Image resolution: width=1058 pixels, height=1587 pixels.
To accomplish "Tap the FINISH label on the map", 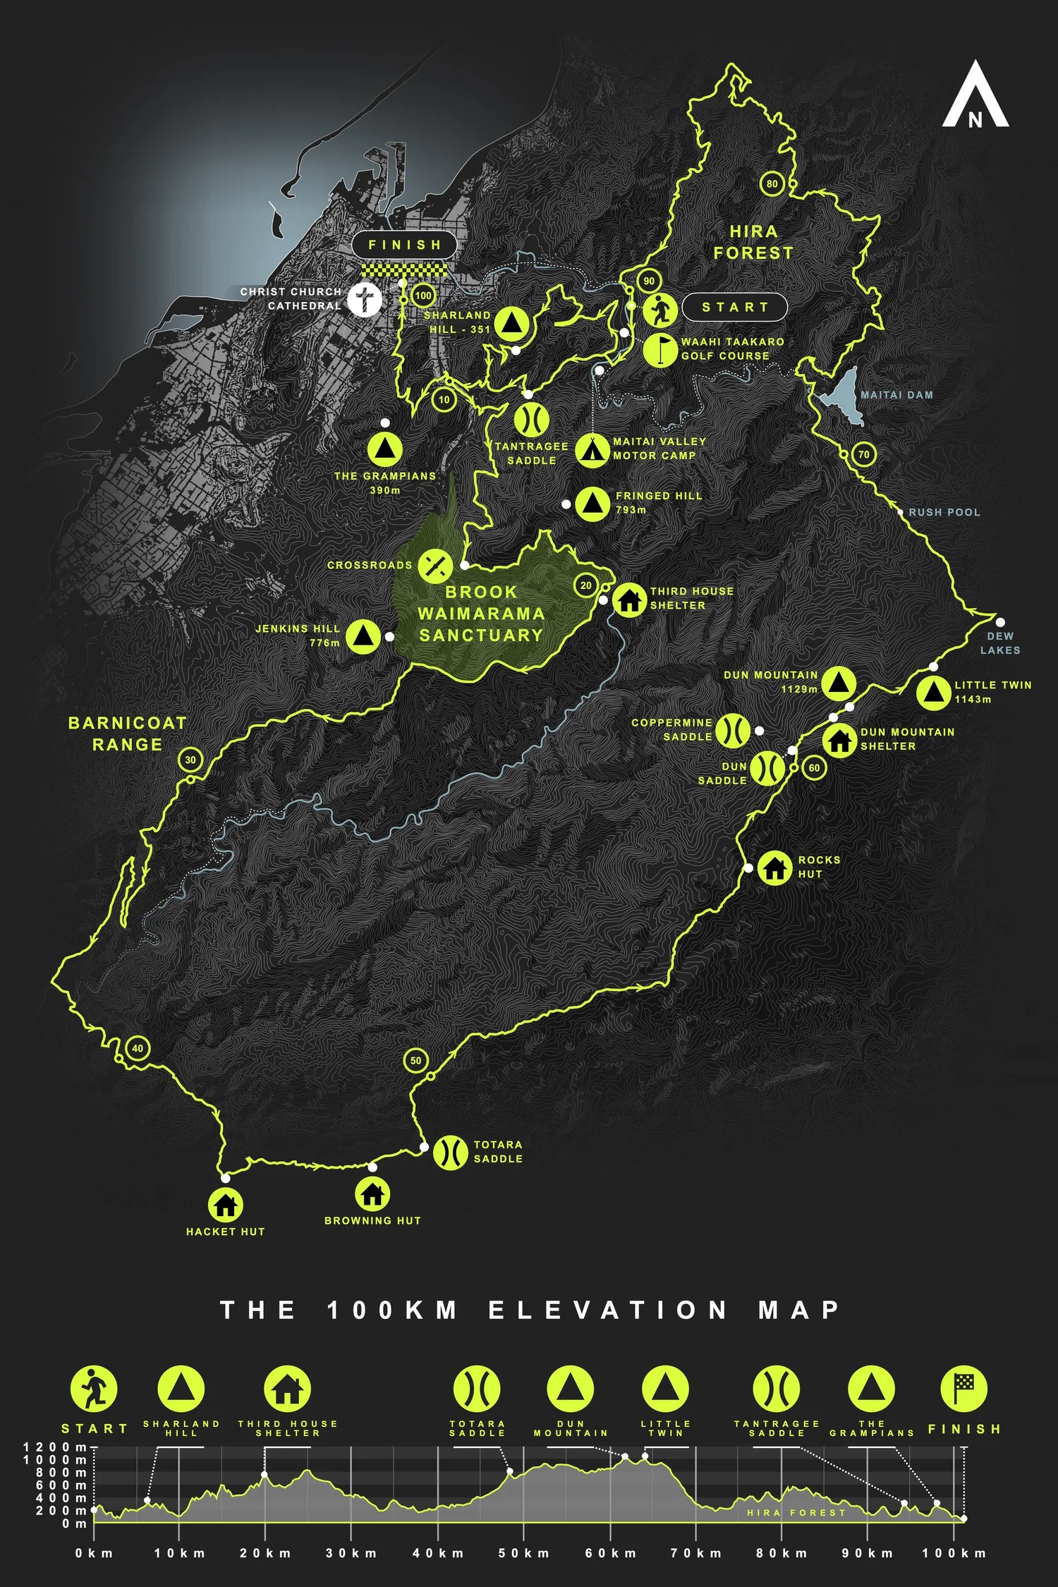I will click(405, 245).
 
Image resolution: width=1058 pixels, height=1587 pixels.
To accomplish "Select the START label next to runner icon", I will click(734, 307).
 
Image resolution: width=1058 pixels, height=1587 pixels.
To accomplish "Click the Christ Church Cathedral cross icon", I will click(365, 299).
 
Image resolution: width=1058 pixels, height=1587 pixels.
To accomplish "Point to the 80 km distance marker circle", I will click(772, 184).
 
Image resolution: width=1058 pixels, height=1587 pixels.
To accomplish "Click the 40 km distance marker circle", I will click(137, 1048).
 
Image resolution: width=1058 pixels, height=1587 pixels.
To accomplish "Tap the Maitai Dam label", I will click(896, 395).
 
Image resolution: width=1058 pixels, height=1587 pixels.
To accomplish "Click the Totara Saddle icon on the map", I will click(450, 1153).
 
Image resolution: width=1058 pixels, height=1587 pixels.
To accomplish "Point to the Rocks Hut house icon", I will click(775, 867).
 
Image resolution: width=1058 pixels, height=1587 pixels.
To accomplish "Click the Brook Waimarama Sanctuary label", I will click(481, 614).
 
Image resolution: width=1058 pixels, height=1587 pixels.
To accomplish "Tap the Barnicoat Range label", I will click(128, 734).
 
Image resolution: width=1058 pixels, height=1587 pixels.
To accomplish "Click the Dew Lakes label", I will click(999, 643).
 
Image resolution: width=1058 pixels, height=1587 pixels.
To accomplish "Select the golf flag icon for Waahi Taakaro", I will click(661, 348).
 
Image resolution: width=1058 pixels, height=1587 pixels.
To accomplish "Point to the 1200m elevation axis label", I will click(55, 1447).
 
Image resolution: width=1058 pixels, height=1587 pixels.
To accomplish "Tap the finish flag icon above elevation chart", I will click(963, 1388).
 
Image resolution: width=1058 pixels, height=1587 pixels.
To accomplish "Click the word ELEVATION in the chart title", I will click(608, 1310).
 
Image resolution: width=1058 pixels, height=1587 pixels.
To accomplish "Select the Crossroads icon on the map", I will click(435, 565).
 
